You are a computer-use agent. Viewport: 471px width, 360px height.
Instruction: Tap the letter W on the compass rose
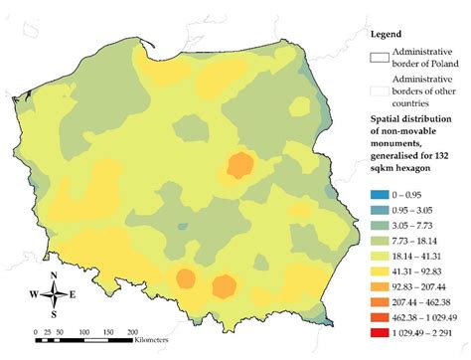click(x=34, y=294)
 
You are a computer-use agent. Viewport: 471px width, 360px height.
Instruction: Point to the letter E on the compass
click(x=73, y=294)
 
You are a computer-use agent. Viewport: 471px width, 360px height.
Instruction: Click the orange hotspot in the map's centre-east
click(x=239, y=165)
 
